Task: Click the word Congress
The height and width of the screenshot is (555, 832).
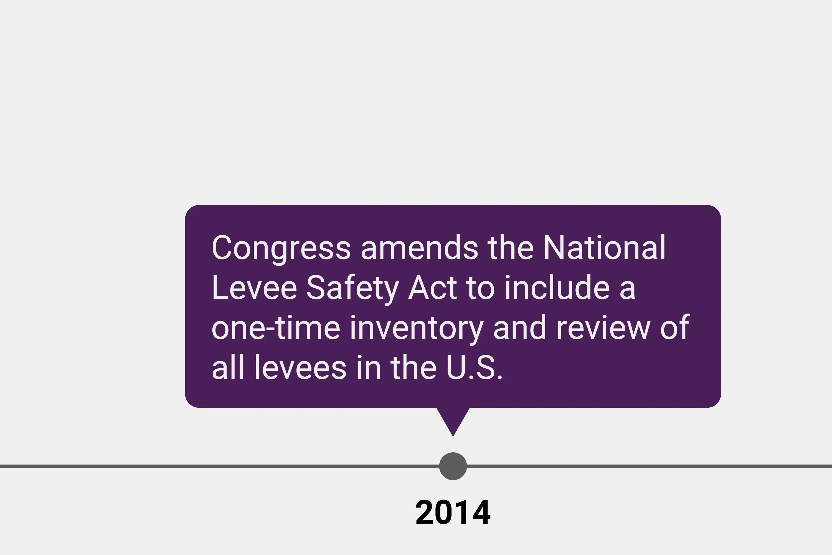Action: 281,248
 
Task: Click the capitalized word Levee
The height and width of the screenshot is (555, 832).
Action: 254,287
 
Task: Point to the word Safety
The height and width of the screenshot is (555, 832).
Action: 352,288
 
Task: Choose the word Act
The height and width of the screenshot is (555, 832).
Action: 433,287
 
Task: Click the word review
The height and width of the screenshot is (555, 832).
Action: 603,327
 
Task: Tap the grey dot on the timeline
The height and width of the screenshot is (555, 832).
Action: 453,466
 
